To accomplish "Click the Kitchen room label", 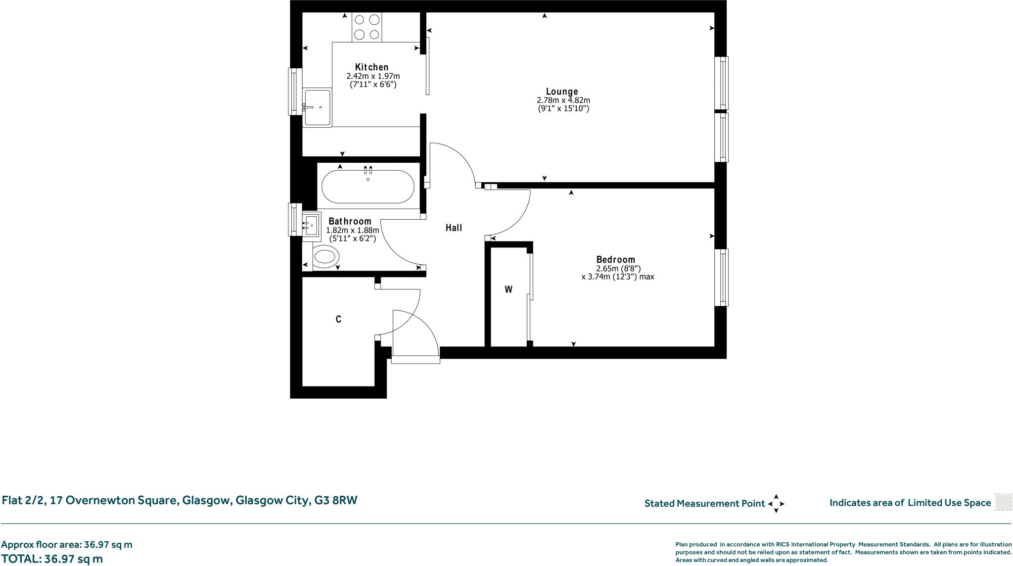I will (x=371, y=67).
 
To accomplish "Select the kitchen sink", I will (x=317, y=107).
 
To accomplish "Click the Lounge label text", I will (x=562, y=92).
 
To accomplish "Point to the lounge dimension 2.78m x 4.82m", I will (x=563, y=100).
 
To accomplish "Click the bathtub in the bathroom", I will (x=368, y=187).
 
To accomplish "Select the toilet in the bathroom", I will (x=325, y=257).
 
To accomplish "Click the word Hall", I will (x=454, y=228).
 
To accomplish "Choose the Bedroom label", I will (x=615, y=259).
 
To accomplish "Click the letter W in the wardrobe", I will (x=508, y=289).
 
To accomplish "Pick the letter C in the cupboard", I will (x=338, y=320).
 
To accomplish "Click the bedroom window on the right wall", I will (x=722, y=277).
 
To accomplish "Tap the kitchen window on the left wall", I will (x=295, y=92).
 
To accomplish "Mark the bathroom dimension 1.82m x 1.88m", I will (x=353, y=230).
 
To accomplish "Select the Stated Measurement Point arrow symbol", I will (x=776, y=504).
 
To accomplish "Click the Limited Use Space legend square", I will (x=1003, y=502).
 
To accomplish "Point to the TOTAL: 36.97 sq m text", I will (x=52, y=559).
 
